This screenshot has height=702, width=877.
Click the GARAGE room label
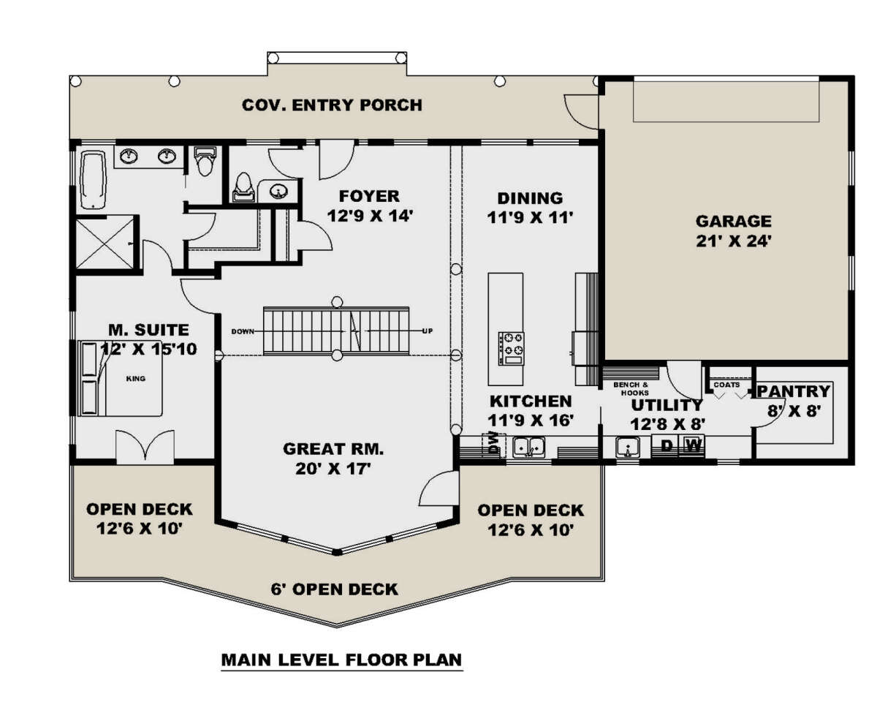(733, 221)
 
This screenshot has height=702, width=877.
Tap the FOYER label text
(369, 196)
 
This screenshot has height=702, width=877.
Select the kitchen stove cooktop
(511, 348)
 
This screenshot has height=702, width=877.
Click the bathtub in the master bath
(94, 180)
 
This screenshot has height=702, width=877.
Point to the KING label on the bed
(136, 379)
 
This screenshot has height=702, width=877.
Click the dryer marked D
(667, 445)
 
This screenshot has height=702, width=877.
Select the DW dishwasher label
(493, 443)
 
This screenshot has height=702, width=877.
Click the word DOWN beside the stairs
(243, 331)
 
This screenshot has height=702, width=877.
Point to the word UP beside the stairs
(427, 331)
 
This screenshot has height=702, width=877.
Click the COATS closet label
(726, 384)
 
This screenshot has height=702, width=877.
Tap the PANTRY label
(794, 391)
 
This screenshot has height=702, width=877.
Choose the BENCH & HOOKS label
(631, 388)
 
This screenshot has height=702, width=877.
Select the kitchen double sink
(529, 447)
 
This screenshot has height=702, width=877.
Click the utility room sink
(628, 448)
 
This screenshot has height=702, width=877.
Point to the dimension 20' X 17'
(333, 469)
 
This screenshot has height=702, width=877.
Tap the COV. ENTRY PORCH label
(332, 105)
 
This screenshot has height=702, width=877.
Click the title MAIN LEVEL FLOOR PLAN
(341, 660)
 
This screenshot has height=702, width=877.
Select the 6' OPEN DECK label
(334, 589)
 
